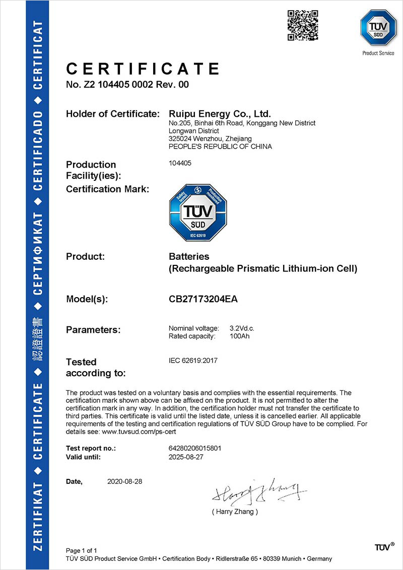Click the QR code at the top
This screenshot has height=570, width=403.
302,25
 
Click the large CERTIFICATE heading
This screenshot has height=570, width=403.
143,68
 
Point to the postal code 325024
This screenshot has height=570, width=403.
179,138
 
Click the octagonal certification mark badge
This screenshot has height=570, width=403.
198,212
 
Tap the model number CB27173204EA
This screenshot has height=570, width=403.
203,299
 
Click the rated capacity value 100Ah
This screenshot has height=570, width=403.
239,336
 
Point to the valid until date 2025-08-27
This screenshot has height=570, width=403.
186,457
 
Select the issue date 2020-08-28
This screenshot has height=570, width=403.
125,481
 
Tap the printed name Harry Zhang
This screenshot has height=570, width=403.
235,512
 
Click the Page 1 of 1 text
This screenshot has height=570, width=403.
82,550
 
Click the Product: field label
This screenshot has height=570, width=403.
85,257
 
